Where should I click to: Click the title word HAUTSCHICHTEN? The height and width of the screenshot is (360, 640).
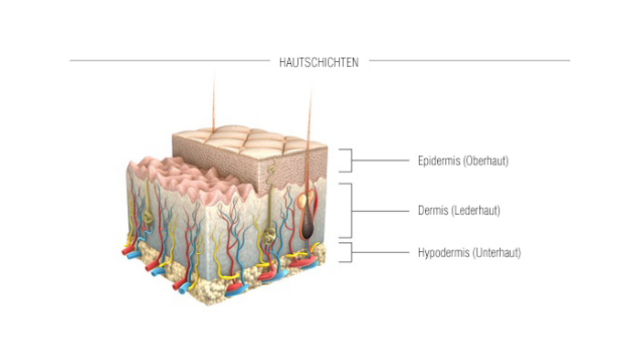pyautogui.click(x=319, y=62)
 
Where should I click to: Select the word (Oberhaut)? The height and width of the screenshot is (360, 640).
pyautogui.click(x=485, y=161)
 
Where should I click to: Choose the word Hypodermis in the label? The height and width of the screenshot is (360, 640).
pyautogui.click(x=443, y=252)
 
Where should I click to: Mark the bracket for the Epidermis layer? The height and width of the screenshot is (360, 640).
pyautogui.click(x=347, y=161)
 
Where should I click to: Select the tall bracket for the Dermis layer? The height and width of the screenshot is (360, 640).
pyautogui.click(x=348, y=211)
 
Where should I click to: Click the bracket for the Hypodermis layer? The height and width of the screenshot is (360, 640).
pyautogui.click(x=347, y=252)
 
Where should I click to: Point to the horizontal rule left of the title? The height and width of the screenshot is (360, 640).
pyautogui.click(x=169, y=61)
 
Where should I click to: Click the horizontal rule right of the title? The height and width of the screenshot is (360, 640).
pyautogui.click(x=469, y=61)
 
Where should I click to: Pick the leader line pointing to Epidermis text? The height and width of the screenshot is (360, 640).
pyautogui.click(x=379, y=161)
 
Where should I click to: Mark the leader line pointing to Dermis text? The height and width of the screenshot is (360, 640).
pyautogui.click(x=379, y=211)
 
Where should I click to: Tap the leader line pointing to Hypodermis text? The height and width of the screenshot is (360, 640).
pyautogui.click(x=379, y=252)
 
